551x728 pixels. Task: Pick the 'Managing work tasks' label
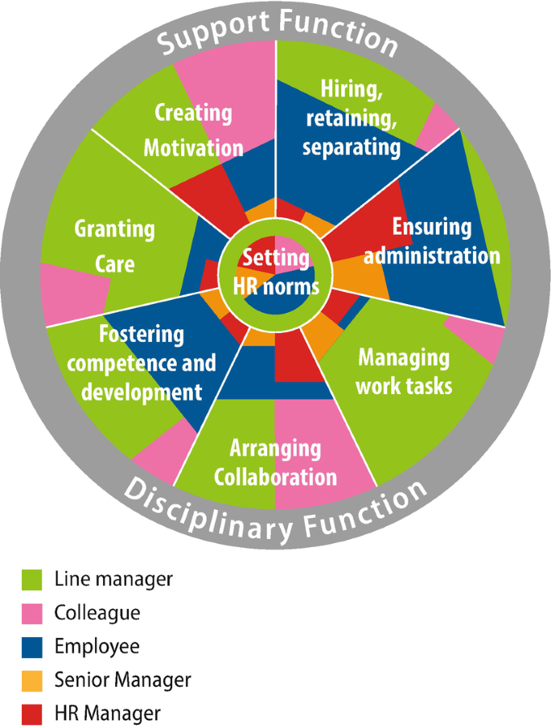[x=404, y=372]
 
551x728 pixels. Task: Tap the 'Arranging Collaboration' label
[x=275, y=463]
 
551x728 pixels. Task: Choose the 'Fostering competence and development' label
[x=142, y=363]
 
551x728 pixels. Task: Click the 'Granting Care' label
[x=115, y=246]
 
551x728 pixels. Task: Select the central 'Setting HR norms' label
[x=275, y=272]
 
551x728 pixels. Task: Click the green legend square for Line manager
[x=32, y=579]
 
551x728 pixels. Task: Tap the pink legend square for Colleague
[x=32, y=613]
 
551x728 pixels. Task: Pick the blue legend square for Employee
[x=32, y=647]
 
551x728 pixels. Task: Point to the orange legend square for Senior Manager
[x=32, y=681]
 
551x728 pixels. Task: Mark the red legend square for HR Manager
[x=32, y=714]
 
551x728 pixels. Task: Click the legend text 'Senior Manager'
[x=122, y=680]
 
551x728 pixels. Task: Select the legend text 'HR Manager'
[x=108, y=714]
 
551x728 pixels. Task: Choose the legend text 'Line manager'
[x=113, y=578]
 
